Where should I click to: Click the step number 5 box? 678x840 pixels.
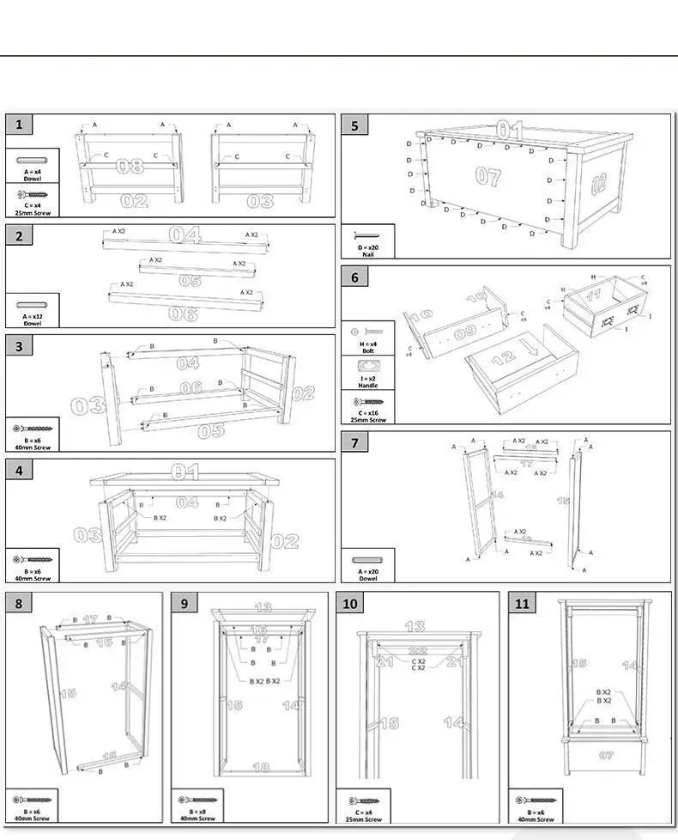[354, 125]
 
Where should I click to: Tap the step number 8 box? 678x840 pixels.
[19, 603]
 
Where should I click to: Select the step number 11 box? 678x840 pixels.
[523, 603]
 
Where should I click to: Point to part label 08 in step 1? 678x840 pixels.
[130, 165]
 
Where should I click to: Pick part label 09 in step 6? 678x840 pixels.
[464, 332]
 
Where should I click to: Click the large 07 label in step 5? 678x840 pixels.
[487, 177]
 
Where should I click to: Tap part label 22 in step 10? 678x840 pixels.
[417, 651]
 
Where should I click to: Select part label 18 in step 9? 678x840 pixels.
[261, 766]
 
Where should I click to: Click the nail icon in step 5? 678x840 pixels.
[368, 235]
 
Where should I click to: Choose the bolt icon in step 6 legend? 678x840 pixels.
[368, 332]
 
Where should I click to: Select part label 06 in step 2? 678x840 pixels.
[183, 313]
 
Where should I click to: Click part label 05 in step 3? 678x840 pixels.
[212, 430]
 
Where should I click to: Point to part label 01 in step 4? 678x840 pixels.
[185, 471]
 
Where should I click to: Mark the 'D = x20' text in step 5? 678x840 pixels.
[367, 247]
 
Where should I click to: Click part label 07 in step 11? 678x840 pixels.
[606, 755]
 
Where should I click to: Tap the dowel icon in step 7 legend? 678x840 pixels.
[368, 559]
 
